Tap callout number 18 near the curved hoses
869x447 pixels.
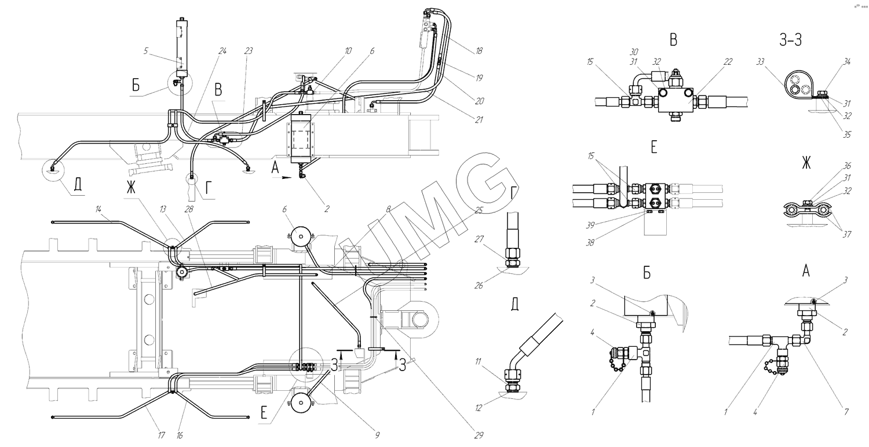(x=479, y=52)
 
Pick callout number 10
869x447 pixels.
(x=348, y=51)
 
